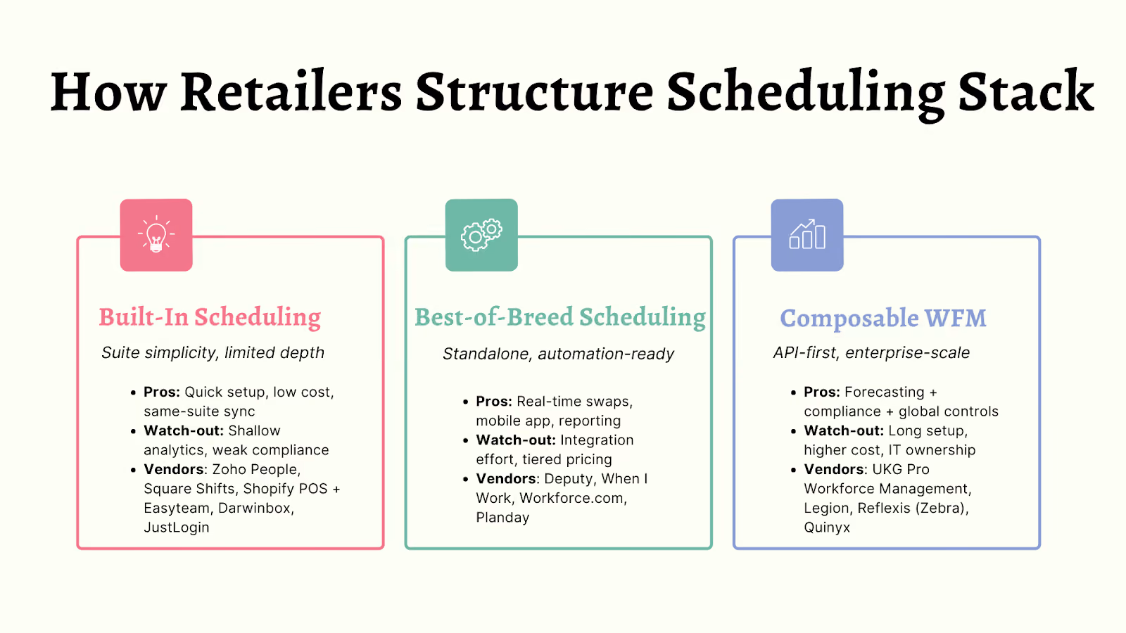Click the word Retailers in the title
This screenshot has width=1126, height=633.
click(291, 91)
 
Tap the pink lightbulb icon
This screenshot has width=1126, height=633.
click(156, 235)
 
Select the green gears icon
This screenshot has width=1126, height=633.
click(481, 235)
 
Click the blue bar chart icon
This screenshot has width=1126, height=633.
click(807, 235)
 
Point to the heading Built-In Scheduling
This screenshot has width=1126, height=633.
click(210, 317)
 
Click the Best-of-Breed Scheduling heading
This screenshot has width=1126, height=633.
click(560, 317)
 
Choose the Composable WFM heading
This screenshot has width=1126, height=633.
click(883, 318)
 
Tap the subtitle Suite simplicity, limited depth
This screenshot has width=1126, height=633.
click(213, 352)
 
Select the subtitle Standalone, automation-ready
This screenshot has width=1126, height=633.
click(558, 354)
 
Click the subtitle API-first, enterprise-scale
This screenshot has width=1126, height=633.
click(872, 352)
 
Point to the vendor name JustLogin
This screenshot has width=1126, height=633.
click(177, 527)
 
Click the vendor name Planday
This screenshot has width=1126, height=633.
click(502, 518)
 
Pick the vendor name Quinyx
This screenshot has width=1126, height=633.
click(827, 527)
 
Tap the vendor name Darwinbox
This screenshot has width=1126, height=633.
click(256, 508)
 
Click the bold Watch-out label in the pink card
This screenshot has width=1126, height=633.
click(184, 430)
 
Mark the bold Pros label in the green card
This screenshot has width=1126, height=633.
click(494, 402)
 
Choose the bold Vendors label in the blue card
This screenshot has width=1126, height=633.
click(835, 469)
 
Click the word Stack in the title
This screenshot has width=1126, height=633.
click(1026, 91)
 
